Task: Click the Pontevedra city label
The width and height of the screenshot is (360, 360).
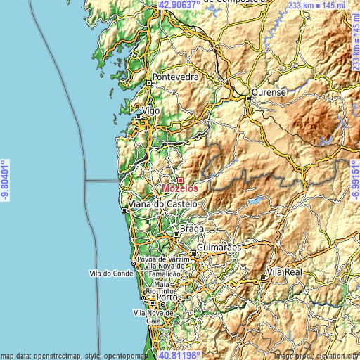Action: (176, 77)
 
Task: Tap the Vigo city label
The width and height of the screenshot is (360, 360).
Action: (152, 111)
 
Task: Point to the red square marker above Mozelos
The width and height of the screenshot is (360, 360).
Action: (180, 180)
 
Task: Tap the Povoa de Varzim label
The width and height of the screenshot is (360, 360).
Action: (164, 259)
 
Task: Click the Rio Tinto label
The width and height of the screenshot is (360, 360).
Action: (160, 290)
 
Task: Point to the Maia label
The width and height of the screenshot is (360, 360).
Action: (161, 283)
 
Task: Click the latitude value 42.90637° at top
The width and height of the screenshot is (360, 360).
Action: (184, 5)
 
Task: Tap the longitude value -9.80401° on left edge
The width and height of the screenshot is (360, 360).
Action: (6, 180)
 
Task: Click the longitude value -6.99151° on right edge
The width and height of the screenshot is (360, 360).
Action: (354, 180)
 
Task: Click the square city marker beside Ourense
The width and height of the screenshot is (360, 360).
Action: (248, 99)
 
